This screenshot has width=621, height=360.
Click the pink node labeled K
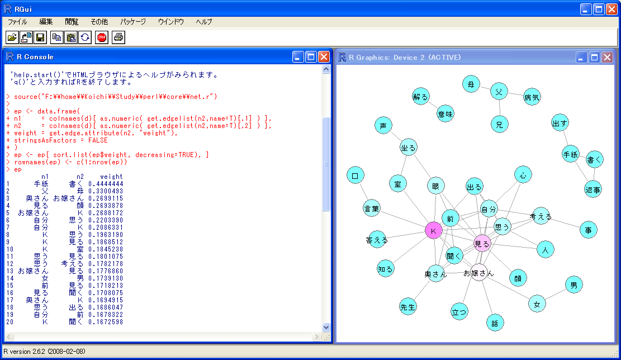tap(433, 230)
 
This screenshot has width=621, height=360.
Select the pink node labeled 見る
tap(482, 243)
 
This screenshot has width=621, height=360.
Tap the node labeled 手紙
tap(571, 155)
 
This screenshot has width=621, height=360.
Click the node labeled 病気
tap(532, 98)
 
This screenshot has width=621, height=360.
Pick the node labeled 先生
tap(408, 306)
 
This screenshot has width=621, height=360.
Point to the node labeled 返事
tap(593, 190)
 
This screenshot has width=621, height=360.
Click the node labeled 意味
tap(445, 113)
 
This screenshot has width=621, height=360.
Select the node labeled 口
tap(355, 176)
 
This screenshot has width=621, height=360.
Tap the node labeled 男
tap(573, 285)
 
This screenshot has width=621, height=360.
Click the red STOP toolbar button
tap(102, 37)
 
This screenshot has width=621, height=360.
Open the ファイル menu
tap(17, 22)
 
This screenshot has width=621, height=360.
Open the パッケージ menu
tap(133, 22)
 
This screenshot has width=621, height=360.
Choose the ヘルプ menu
tap(204, 22)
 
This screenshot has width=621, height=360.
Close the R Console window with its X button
tap(324, 56)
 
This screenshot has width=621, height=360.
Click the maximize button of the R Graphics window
tap(594, 57)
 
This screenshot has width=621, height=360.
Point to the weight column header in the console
tap(111, 177)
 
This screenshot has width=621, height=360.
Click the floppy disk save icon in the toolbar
tap(40, 37)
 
